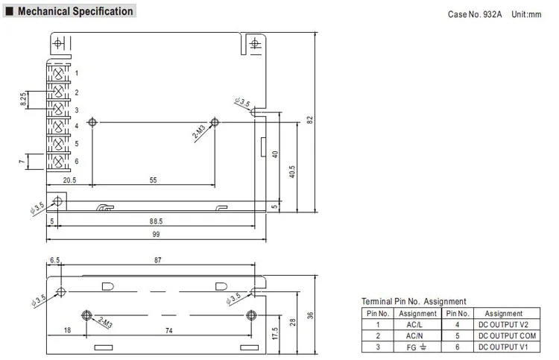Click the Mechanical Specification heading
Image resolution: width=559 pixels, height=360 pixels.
click(x=75, y=11)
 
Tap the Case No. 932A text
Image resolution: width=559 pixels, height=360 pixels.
click(x=475, y=15)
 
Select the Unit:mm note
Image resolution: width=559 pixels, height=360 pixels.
click(x=526, y=15)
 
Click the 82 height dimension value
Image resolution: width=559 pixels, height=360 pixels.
click(x=310, y=120)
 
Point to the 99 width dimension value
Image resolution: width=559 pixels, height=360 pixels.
click(x=156, y=235)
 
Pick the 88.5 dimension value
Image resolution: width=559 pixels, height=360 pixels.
click(x=156, y=221)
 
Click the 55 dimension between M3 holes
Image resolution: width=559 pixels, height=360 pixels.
click(x=153, y=180)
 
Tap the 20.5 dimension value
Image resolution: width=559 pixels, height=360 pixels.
click(x=69, y=180)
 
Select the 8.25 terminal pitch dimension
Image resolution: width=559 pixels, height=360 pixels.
click(x=23, y=99)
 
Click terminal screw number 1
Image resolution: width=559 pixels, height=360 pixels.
click(x=58, y=74)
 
